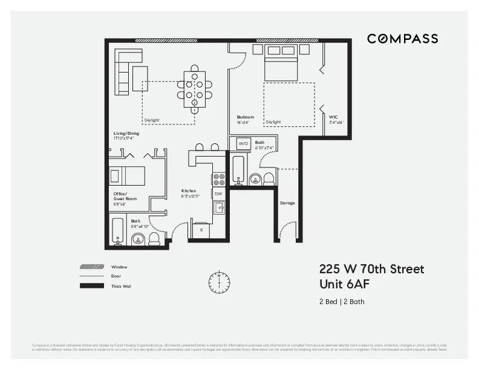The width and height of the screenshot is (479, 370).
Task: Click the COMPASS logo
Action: click(402, 39)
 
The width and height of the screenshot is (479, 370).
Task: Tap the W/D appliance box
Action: click(243, 144)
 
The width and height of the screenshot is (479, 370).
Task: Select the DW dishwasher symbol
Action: click(218, 193)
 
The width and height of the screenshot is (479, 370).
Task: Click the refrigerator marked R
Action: click(201, 230)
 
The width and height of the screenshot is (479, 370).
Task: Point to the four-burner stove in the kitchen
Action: click(218, 179)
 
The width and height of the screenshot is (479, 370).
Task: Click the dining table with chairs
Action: click(195, 89)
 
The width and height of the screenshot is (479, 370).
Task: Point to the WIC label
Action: click(333, 117)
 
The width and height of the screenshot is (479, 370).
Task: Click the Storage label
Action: click(287, 203)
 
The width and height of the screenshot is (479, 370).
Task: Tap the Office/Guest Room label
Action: click(124, 196)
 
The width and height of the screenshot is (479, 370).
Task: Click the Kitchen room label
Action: click(189, 191)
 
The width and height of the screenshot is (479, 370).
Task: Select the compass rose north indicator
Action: click(219, 282)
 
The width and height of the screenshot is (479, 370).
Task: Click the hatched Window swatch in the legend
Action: click(92, 267)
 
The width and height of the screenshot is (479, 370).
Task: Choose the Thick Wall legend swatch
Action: click(92, 286)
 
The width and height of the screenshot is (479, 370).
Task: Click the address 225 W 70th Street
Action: click(371, 269)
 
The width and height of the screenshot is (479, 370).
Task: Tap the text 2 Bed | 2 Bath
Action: click(342, 302)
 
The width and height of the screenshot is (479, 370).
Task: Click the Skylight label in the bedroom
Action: click(273, 122)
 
